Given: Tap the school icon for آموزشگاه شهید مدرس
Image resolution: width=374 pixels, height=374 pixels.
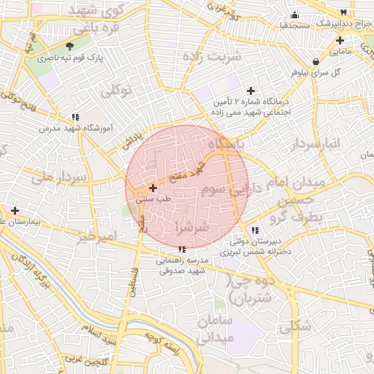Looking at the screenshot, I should click(75, 117).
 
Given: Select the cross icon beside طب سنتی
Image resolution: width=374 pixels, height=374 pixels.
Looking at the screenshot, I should click(153, 188).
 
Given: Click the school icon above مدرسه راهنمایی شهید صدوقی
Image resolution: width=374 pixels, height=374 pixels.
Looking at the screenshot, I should click(182, 250).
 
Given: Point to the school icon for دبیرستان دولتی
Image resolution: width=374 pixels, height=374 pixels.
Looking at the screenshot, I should click(254, 231).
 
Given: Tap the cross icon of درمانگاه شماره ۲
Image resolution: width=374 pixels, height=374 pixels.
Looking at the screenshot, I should click(251, 91).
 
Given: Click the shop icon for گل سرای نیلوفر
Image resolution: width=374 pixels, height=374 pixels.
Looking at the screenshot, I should click(315, 61).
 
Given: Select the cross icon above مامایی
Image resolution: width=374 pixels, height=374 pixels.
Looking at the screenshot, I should click(340, 41).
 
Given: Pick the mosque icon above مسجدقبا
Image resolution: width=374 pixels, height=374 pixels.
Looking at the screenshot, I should click(294, 15).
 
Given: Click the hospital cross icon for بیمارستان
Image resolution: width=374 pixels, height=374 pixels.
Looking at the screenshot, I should click(15, 210).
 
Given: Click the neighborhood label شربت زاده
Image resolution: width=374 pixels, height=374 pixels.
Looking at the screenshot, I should click(224, 56).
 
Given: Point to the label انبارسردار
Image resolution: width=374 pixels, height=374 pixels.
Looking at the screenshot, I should click(318, 143).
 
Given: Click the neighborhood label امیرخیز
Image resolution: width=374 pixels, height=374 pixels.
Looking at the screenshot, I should click(97, 237).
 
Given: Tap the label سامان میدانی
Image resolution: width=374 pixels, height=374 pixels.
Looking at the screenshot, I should click(233, 329).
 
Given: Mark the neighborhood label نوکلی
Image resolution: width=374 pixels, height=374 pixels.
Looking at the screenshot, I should click(115, 91).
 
